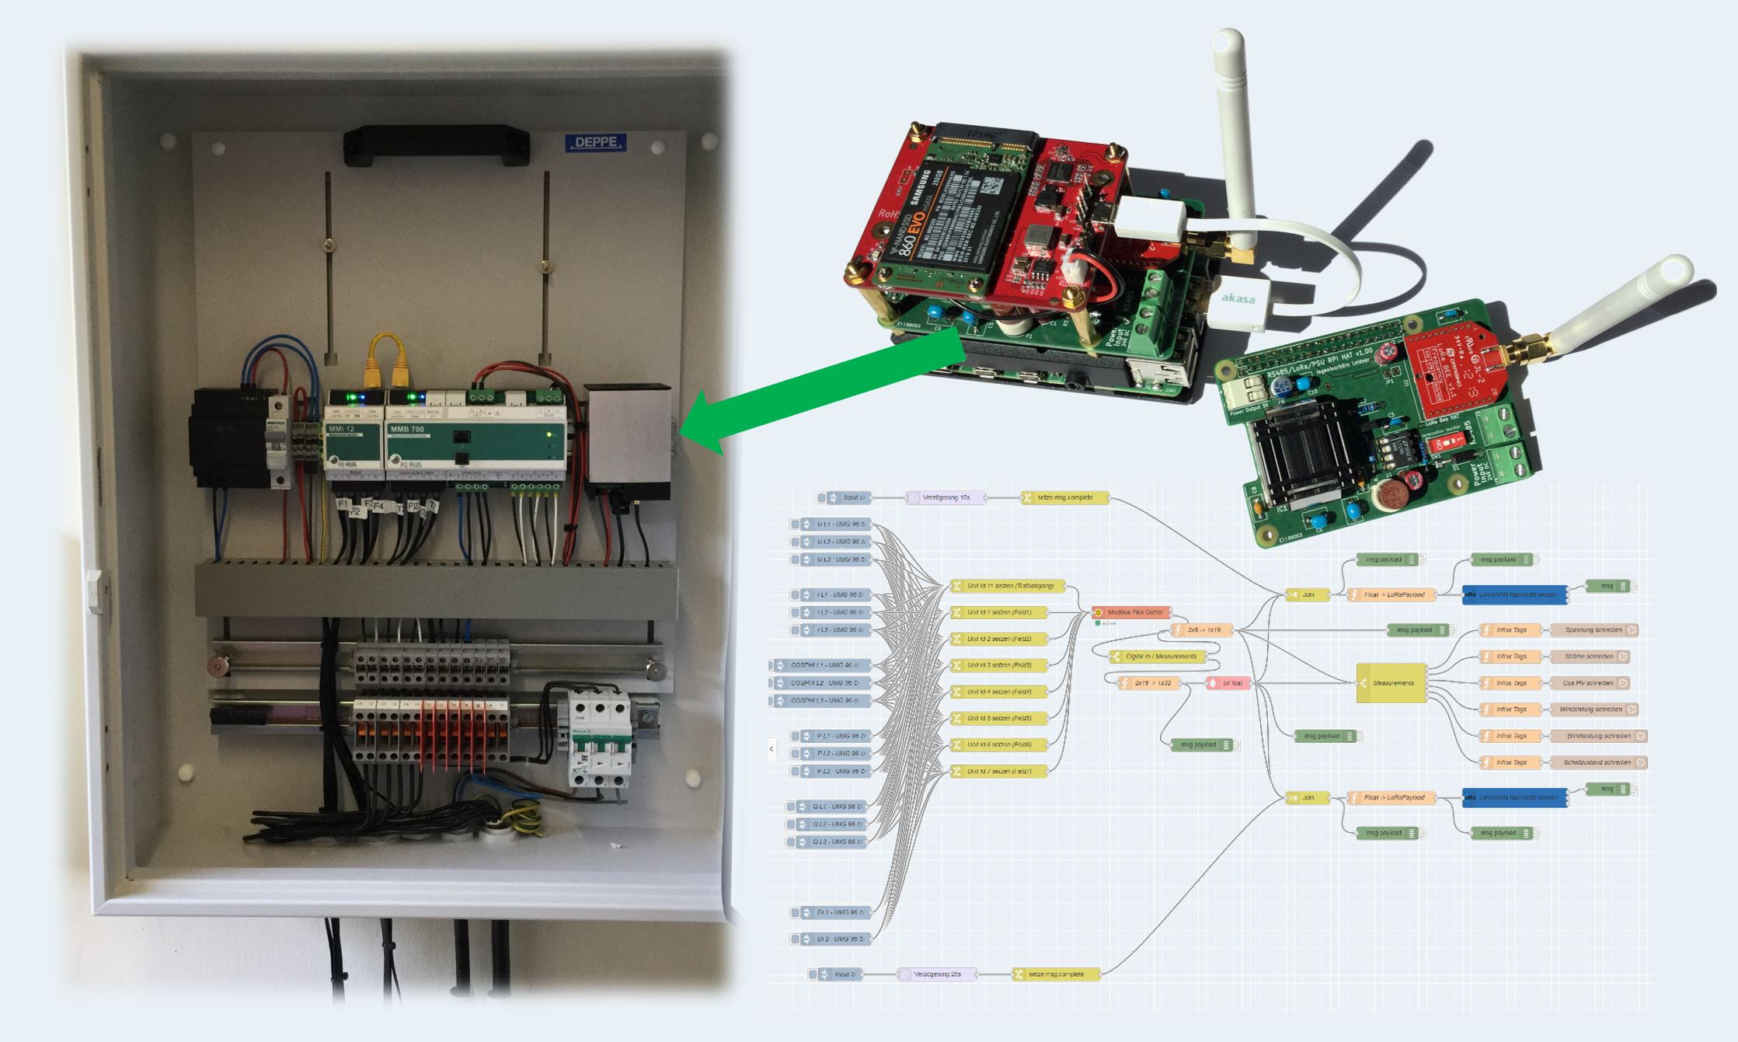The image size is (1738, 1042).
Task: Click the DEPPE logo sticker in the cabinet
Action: click(595, 143)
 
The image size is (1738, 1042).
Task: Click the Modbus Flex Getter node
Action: click(1130, 612)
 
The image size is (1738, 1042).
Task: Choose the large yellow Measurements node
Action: click(1391, 683)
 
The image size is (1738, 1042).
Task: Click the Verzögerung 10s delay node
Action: click(946, 497)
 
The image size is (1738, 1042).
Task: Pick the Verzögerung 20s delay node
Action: click(937, 974)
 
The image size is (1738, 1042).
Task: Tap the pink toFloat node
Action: click(1228, 683)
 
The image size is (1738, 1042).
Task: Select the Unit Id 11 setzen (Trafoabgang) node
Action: click(1007, 587)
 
